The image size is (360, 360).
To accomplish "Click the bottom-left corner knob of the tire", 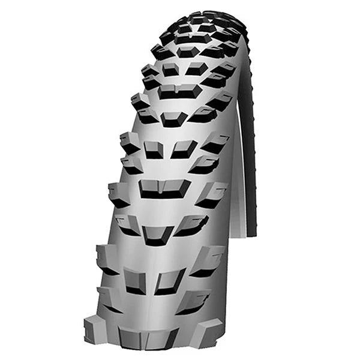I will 96,329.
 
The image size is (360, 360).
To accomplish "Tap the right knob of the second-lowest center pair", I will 182,148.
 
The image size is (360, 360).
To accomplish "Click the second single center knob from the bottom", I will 173,118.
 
